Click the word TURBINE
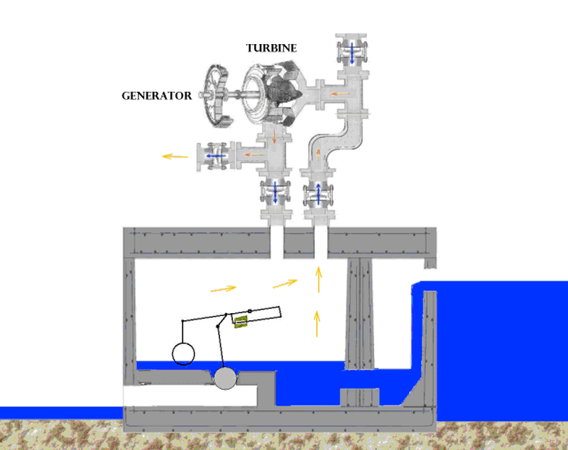tap(271, 48)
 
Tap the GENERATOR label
tap(156, 94)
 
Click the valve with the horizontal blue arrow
tap(215, 155)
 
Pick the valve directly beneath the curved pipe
tap(317, 193)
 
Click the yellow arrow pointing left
tap(174, 155)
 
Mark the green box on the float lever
tap(242, 321)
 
